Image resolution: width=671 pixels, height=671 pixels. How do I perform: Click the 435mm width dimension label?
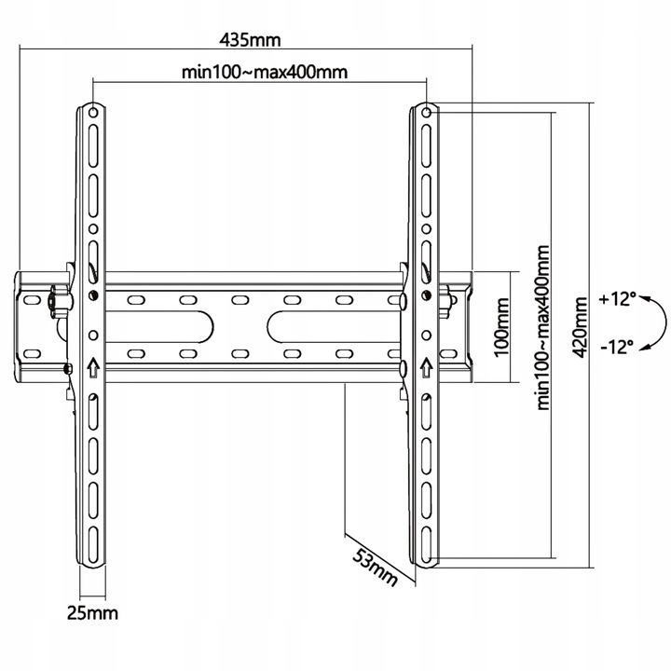click(x=250, y=40)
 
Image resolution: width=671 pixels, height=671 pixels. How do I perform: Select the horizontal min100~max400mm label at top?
click(x=265, y=72)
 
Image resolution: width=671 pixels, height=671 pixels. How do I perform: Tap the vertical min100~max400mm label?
click(x=543, y=327)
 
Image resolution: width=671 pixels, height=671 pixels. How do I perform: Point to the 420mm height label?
click(x=580, y=327)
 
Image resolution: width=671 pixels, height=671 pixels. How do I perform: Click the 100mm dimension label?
click(x=501, y=327)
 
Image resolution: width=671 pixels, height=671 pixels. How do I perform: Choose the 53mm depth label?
click(x=375, y=567)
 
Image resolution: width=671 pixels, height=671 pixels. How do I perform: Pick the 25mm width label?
click(x=92, y=613)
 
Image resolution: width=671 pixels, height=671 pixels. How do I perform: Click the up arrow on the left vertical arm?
click(x=93, y=367)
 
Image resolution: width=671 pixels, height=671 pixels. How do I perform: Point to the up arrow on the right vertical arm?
click(x=426, y=367)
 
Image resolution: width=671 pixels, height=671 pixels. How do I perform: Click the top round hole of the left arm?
click(x=93, y=113)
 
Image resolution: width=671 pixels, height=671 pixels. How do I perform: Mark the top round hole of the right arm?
click(x=426, y=113)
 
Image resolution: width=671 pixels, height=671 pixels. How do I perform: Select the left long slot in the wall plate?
click(x=159, y=327)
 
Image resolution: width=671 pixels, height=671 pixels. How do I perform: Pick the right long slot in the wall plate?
click(x=335, y=327)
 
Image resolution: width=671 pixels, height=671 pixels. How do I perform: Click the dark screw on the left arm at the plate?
click(x=93, y=294)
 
